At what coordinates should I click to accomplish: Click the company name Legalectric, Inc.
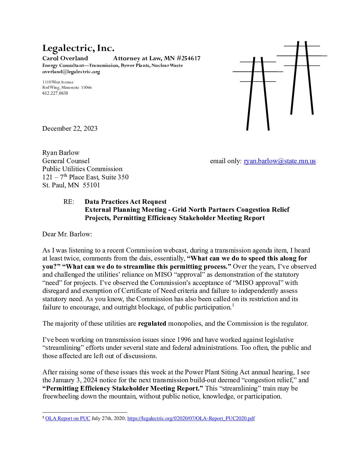[x=78, y=49]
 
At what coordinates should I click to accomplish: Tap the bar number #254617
[x=188, y=59]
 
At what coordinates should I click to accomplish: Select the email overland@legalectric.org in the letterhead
[x=71, y=72]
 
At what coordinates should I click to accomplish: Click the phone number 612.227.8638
[x=55, y=93]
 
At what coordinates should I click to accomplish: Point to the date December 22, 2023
[x=70, y=128]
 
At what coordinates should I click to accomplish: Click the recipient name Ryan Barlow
[x=61, y=153]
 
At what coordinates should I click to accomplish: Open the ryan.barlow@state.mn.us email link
[x=280, y=161]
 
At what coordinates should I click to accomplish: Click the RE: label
[x=69, y=202]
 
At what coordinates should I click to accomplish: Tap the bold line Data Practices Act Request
[x=125, y=202]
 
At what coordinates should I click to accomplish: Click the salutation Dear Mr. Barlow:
[x=67, y=234]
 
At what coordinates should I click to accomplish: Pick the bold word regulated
[x=152, y=323]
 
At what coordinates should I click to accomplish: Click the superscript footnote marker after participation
[x=233, y=305]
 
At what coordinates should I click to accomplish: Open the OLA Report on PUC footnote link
[x=67, y=418]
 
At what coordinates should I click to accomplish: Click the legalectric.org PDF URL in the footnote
[x=191, y=418]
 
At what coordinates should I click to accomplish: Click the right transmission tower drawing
[x=302, y=78]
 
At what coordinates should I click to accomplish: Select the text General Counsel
[x=66, y=161]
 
